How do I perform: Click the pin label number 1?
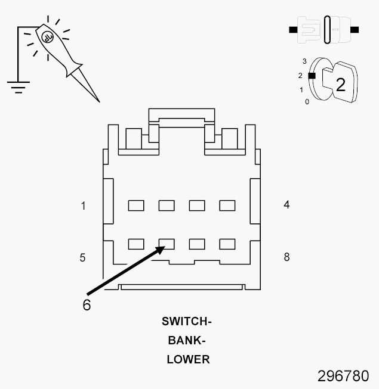(x=83, y=206)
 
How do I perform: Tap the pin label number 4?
(x=286, y=205)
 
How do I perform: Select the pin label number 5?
(x=82, y=258)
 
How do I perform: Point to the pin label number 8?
(x=287, y=257)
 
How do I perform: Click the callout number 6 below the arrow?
(x=87, y=305)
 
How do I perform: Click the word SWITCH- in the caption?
(x=187, y=322)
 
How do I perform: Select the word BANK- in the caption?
(x=187, y=340)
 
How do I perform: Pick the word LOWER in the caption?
(x=188, y=359)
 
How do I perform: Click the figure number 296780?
(x=343, y=376)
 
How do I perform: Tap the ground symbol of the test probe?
(x=19, y=88)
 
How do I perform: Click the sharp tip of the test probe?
(x=100, y=102)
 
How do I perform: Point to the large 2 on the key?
(x=340, y=85)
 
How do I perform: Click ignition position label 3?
(x=304, y=61)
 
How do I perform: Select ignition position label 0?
(x=307, y=102)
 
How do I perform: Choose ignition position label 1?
(x=301, y=90)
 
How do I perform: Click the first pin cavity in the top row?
(x=136, y=206)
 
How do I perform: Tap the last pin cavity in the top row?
(x=227, y=206)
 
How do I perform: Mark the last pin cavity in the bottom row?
(x=227, y=244)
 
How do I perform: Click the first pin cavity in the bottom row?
(x=136, y=244)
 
